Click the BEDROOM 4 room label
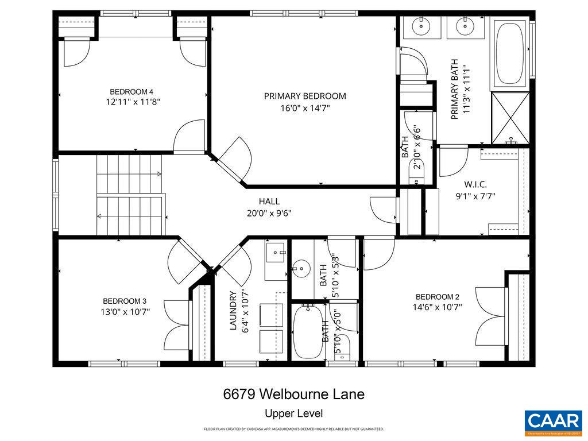(x=131, y=92)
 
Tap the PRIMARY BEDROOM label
(x=305, y=96)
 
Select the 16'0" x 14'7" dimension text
(x=305, y=107)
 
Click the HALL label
(x=269, y=202)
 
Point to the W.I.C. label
(x=475, y=184)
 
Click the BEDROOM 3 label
(x=125, y=301)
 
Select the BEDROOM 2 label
(x=438, y=297)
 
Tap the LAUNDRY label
(x=233, y=311)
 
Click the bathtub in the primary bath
(x=509, y=53)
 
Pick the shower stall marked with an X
(x=509, y=118)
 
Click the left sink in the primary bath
(x=421, y=26)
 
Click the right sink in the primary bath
(x=463, y=26)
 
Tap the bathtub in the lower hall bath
(x=309, y=332)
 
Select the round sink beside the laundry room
(x=301, y=268)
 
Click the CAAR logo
(x=553, y=421)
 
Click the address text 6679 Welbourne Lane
(x=293, y=394)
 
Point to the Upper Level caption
(x=293, y=413)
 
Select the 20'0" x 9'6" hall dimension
(x=269, y=213)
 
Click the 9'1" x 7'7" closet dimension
(x=475, y=196)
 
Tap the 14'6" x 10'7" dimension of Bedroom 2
(x=438, y=307)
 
